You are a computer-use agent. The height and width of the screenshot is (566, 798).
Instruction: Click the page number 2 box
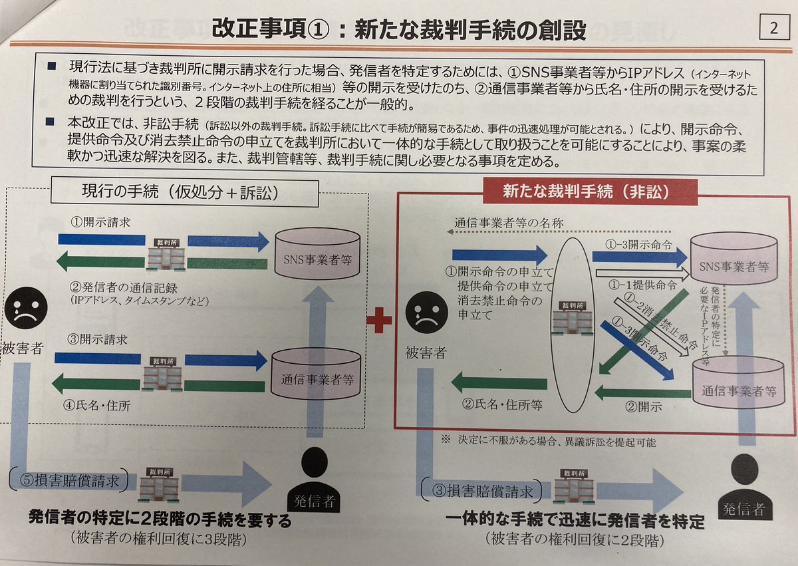773,29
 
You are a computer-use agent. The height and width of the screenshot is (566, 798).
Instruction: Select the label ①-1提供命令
644,285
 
